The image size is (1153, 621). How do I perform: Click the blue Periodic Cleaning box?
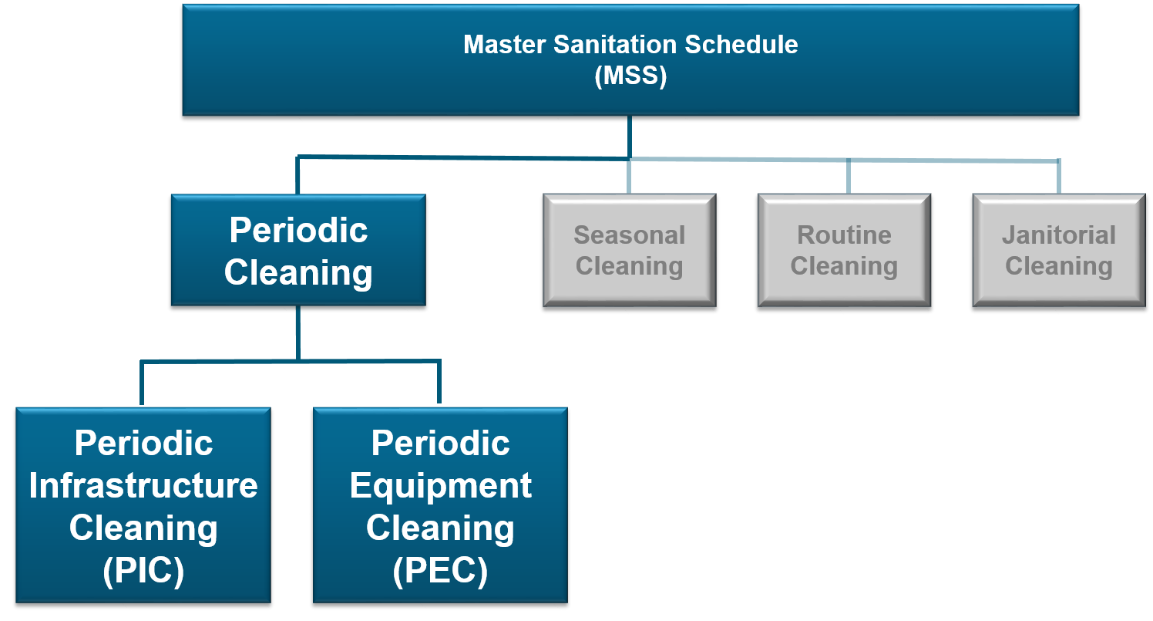point(298,251)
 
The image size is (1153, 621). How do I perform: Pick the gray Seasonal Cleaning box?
point(630,251)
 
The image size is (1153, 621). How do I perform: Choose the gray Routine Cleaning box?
point(844,251)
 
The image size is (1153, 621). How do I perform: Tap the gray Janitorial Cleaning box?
point(1058,251)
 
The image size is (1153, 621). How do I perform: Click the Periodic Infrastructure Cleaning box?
point(143,505)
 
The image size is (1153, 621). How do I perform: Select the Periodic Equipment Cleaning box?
point(440,505)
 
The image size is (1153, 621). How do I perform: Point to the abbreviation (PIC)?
point(143,572)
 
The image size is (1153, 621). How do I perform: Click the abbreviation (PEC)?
point(440,572)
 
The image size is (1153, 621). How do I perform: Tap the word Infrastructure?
point(143,486)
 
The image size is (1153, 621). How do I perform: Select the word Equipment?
point(440,486)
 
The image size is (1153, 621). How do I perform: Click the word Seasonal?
point(630,235)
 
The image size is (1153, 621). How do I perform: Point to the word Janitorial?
point(1058,235)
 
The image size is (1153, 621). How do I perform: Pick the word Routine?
point(844,235)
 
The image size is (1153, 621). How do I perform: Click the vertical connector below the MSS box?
point(630,137)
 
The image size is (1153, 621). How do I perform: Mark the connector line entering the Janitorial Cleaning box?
point(1058,177)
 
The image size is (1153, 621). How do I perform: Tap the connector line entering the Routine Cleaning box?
point(848,177)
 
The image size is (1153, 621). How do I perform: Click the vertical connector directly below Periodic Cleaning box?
point(298,332)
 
